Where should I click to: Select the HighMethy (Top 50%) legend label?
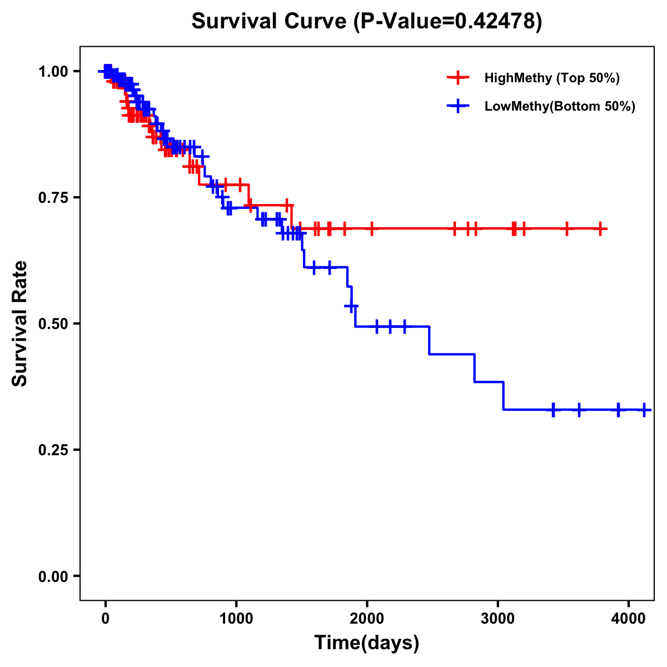click(x=551, y=78)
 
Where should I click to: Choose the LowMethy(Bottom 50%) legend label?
click(x=560, y=106)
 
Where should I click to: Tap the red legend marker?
click(x=458, y=78)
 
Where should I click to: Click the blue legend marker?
click(x=458, y=106)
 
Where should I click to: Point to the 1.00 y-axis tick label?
click(x=53, y=72)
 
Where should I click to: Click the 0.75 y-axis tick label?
click(x=53, y=198)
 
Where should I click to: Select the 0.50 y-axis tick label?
click(x=53, y=324)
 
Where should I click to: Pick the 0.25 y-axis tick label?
click(x=53, y=450)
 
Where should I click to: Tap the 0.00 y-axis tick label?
click(x=53, y=576)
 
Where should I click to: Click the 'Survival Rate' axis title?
click(x=20, y=323)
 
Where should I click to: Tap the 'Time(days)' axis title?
click(x=367, y=643)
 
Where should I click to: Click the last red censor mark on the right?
click(x=600, y=228)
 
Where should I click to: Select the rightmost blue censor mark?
click(x=644, y=410)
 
